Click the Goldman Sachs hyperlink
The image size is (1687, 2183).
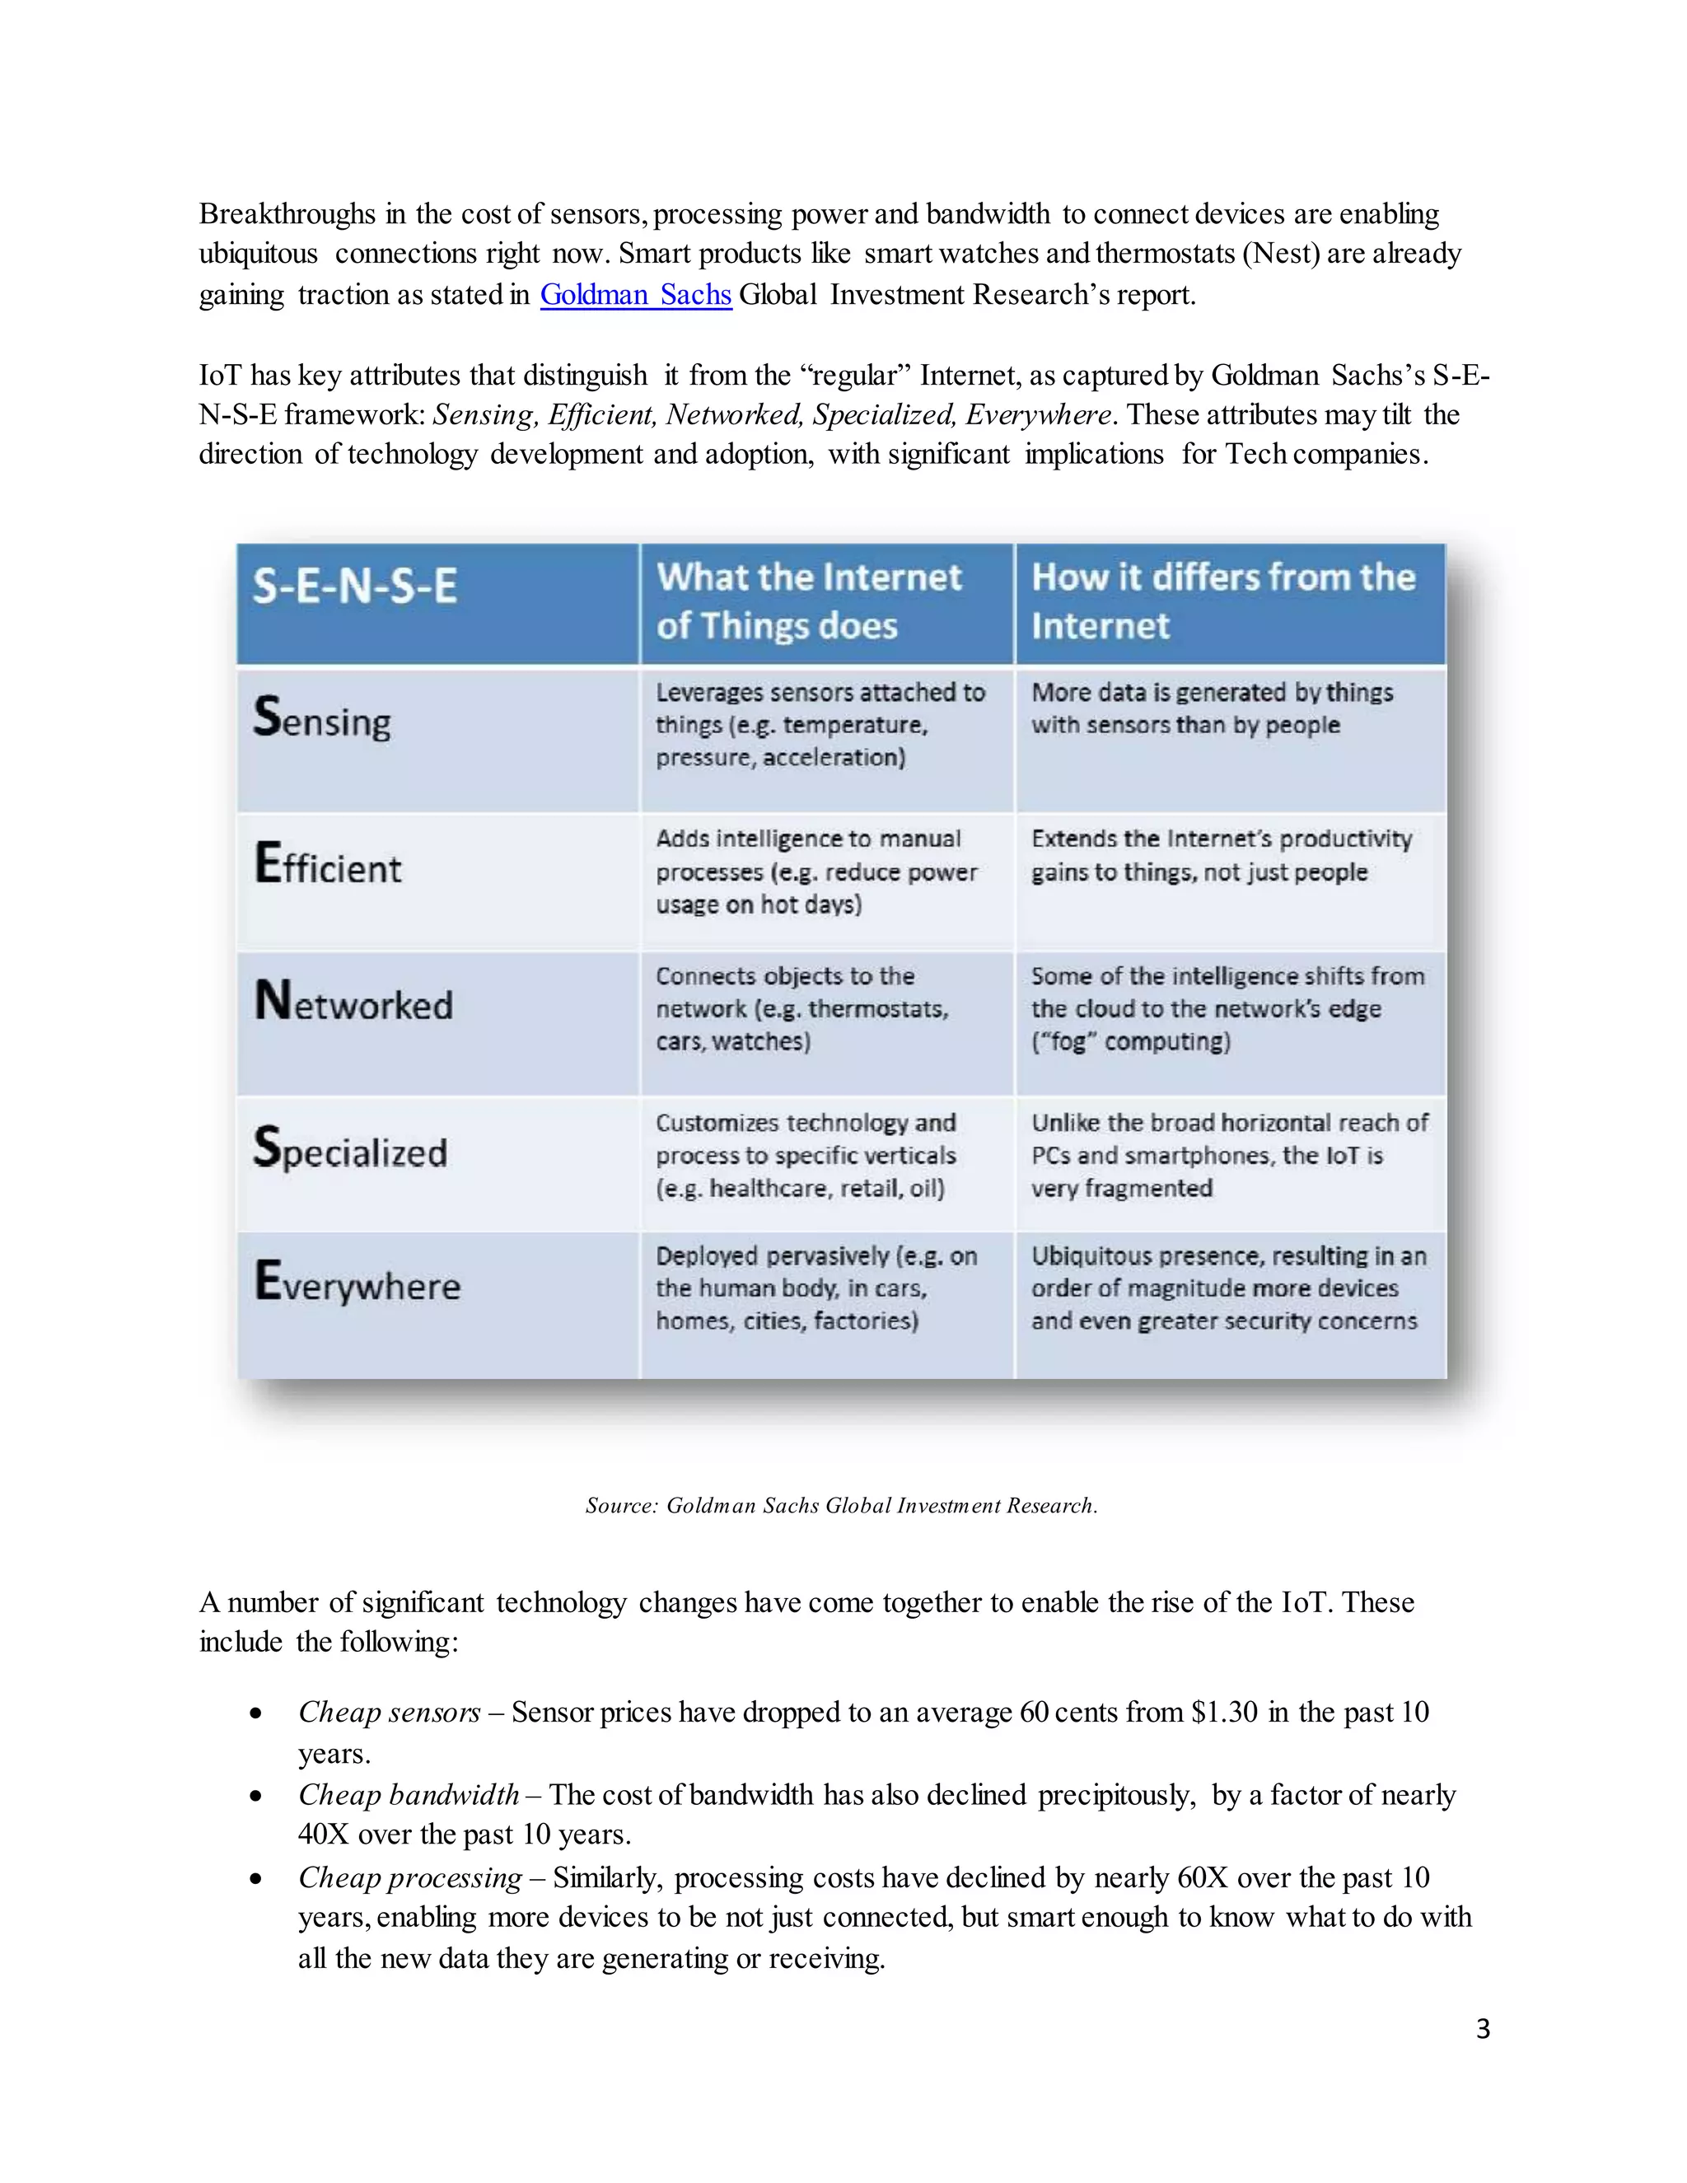[x=636, y=295]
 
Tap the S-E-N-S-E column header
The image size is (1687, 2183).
[x=355, y=586]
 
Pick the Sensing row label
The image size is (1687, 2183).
[x=322, y=718]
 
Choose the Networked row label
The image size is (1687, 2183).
[x=353, y=1003]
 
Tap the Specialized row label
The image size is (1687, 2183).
[x=350, y=1149]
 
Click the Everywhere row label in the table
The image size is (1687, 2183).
[x=357, y=1283]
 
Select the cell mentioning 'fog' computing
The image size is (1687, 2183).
[x=1227, y=1008]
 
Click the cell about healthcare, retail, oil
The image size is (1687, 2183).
[x=806, y=1156]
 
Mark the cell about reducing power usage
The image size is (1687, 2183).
[x=815, y=872]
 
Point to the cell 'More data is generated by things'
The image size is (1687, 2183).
[x=1211, y=708]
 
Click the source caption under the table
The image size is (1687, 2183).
[x=842, y=1505]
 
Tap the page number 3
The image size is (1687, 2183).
[x=1482, y=2028]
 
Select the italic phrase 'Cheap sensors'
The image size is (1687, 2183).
[x=389, y=1713]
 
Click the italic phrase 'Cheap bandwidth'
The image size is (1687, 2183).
[x=408, y=1795]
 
